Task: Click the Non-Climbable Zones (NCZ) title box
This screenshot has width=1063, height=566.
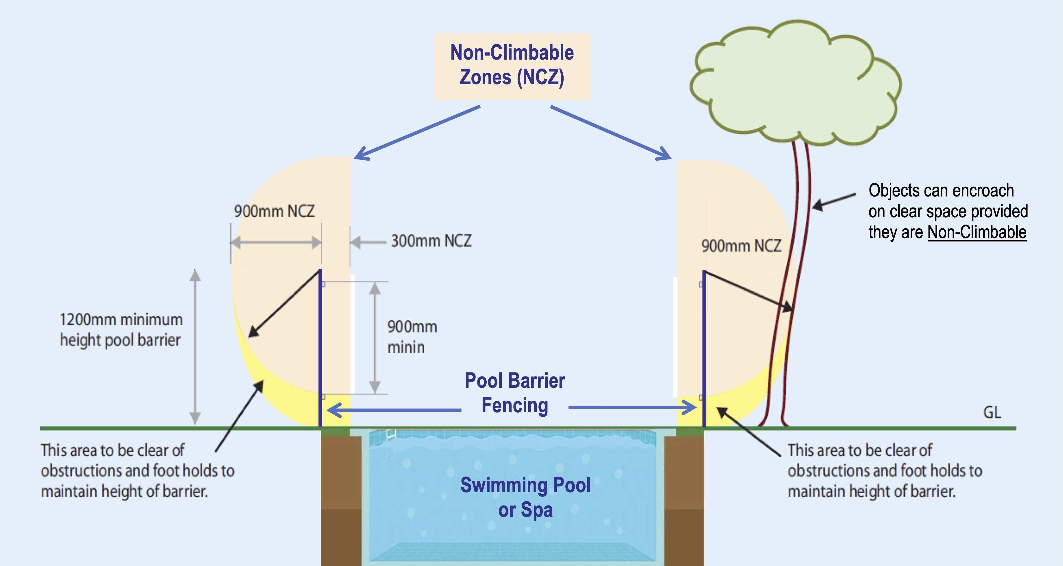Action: (x=512, y=66)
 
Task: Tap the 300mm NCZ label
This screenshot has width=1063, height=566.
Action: (x=431, y=241)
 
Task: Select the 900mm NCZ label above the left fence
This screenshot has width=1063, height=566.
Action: (x=274, y=211)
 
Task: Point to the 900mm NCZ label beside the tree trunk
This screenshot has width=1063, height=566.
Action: (x=741, y=246)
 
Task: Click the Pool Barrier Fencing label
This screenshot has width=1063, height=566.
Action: (x=514, y=393)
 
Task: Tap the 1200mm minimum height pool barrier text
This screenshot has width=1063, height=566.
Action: (x=121, y=330)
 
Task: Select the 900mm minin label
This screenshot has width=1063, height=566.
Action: (x=411, y=337)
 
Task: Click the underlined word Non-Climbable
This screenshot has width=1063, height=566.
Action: (x=977, y=232)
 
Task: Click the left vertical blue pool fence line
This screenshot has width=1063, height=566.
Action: (x=320, y=351)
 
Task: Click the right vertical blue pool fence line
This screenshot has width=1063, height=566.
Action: (x=704, y=351)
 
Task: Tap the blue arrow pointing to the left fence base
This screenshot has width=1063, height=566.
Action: (x=392, y=410)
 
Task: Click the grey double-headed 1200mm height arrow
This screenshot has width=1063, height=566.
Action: (x=195, y=347)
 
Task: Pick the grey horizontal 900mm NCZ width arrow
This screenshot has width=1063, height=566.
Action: (x=276, y=242)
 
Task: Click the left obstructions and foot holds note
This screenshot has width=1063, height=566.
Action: (x=137, y=471)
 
